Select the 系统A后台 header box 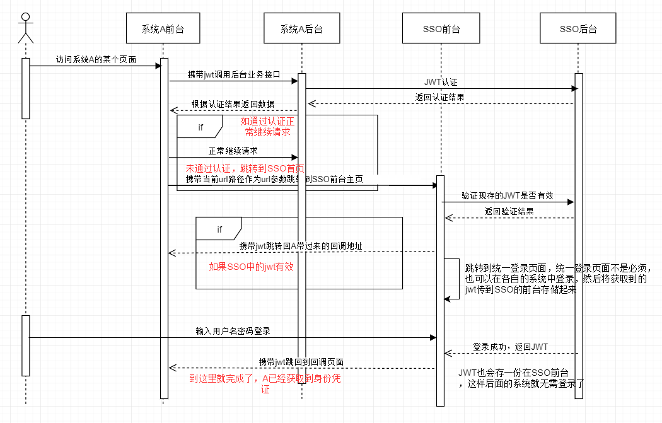[x=301, y=29]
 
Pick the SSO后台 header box [x=578, y=29]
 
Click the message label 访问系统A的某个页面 [x=96, y=60]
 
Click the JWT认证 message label [x=441, y=83]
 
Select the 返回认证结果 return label [x=439, y=97]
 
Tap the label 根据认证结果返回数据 [x=233, y=104]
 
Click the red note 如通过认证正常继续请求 [x=267, y=127]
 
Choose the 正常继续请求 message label [x=233, y=151]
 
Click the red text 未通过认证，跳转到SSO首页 [x=245, y=168]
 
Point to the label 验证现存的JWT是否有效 [x=508, y=196]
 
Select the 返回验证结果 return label [x=509, y=211]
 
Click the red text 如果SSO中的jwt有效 [x=251, y=267]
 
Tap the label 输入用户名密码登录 [x=233, y=331]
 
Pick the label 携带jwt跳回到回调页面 [x=301, y=362]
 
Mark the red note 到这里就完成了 [x=265, y=384]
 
